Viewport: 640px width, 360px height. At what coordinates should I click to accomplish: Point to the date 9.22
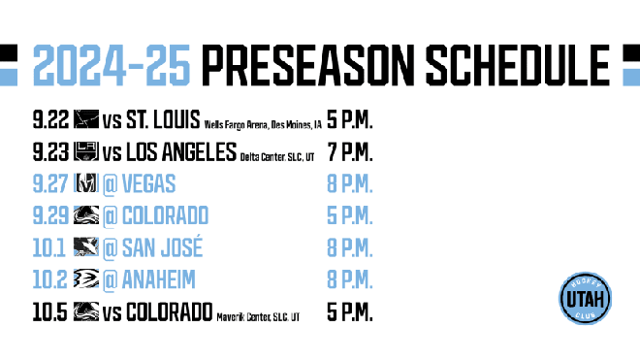pyautogui.click(x=51, y=121)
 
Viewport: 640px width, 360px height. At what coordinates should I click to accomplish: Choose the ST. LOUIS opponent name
pyautogui.click(x=162, y=121)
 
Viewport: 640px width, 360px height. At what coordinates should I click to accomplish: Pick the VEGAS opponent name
pyautogui.click(x=148, y=184)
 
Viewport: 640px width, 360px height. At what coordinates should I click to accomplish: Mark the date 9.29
pyautogui.click(x=51, y=215)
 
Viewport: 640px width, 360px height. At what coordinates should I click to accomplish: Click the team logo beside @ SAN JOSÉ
pyautogui.click(x=86, y=247)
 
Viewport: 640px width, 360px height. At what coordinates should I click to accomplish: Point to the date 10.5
pyautogui.click(x=51, y=311)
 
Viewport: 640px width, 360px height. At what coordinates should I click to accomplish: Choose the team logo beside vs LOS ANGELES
pyautogui.click(x=86, y=152)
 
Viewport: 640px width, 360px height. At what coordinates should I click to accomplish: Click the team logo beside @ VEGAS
pyautogui.click(x=86, y=184)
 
